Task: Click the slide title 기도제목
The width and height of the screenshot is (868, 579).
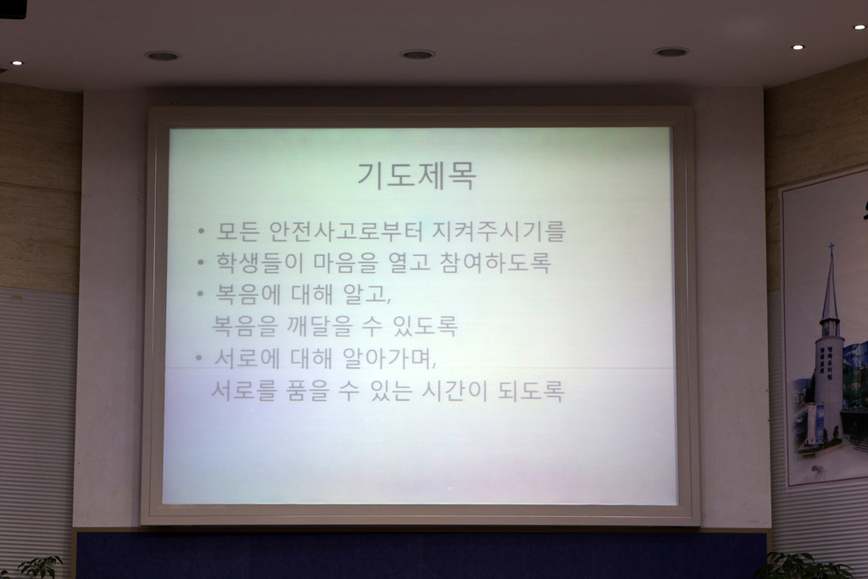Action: (416, 175)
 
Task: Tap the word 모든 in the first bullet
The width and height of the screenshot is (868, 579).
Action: (237, 231)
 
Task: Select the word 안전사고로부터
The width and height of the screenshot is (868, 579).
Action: (346, 231)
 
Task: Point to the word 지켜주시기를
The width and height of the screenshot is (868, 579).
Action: (498, 231)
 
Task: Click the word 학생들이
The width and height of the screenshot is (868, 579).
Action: (259, 263)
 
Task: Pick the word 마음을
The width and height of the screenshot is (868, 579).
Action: (346, 263)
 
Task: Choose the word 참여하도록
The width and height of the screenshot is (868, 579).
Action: (495, 263)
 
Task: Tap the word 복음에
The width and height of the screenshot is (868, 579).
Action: (248, 294)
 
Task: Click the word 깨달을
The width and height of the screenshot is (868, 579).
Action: (320, 326)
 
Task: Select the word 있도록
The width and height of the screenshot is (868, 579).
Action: (426, 326)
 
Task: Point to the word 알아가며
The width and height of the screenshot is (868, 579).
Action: (389, 359)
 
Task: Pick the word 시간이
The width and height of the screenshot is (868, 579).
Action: (454, 392)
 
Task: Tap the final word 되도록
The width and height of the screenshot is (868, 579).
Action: (531, 392)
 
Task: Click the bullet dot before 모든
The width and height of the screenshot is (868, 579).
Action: (201, 231)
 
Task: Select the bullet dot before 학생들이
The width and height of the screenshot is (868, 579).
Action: (201, 262)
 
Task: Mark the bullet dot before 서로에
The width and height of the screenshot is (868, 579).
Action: (199, 358)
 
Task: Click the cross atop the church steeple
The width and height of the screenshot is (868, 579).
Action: (831, 249)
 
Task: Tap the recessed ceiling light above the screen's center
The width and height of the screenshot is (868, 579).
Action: (418, 54)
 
